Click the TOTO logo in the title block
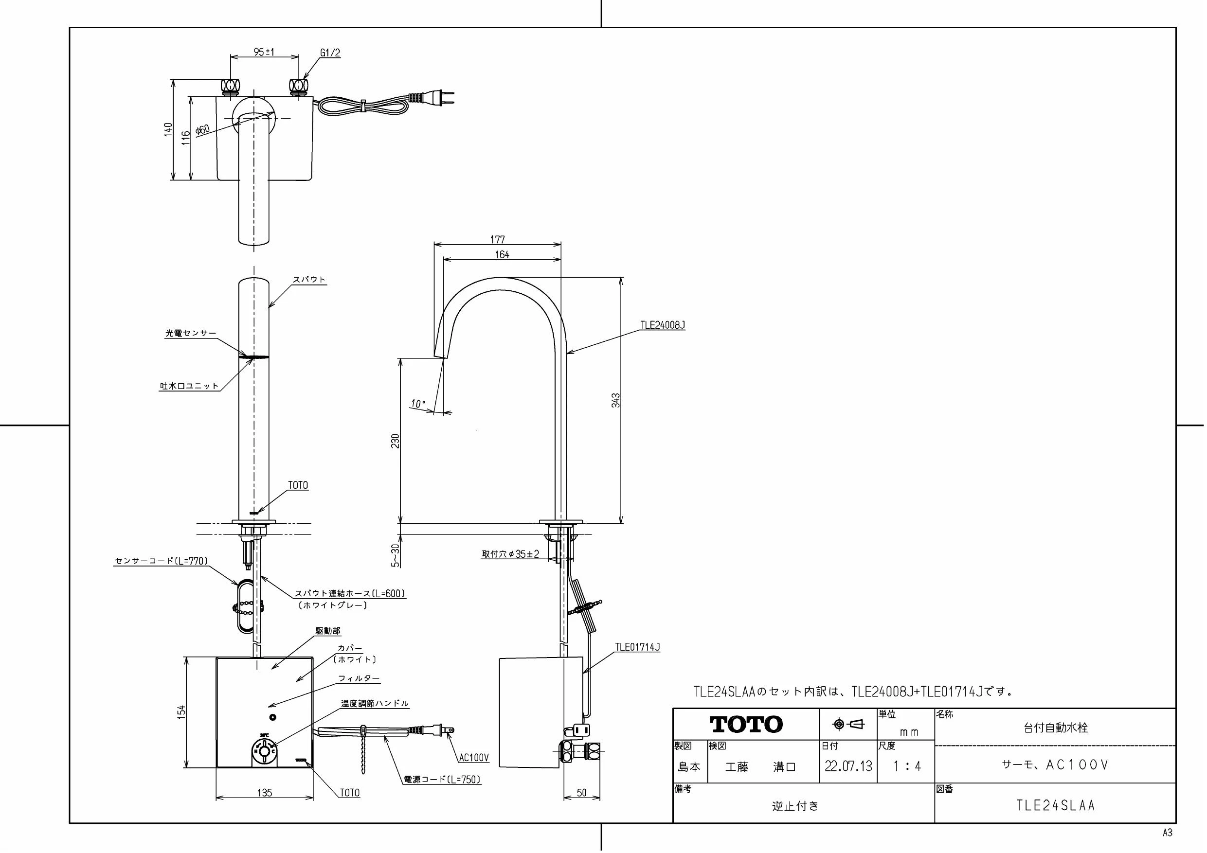(746, 724)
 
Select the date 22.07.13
(848, 766)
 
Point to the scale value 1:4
(907, 766)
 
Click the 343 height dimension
(616, 401)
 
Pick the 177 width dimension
(497, 240)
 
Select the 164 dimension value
(502, 254)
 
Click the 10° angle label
(418, 404)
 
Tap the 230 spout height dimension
(396, 441)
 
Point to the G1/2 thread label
(330, 53)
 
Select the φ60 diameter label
(202, 130)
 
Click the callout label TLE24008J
(663, 325)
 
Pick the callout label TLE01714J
(638, 647)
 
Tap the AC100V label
(474, 757)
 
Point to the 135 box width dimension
(265, 793)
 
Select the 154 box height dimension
(181, 711)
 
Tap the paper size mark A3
(1167, 833)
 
